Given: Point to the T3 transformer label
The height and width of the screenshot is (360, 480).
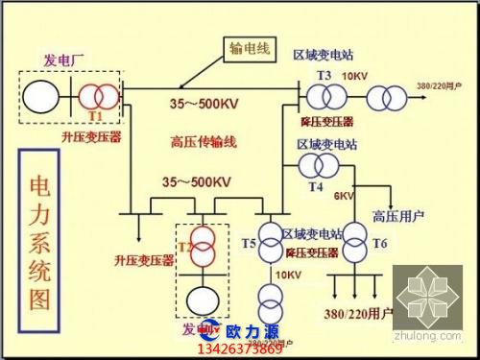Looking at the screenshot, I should pos(324,75).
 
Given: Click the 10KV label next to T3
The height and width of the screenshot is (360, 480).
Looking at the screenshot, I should pos(354,76).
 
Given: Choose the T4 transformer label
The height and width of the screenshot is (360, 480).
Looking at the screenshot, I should pos(316,186).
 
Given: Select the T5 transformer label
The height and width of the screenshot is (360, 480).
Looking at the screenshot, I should pos(250,244).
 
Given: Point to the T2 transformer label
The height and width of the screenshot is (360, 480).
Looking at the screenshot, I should pos(184,249).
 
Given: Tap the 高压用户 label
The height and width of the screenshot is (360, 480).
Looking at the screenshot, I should pos(394,214).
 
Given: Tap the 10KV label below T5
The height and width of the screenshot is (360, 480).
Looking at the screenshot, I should pos(288,276).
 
